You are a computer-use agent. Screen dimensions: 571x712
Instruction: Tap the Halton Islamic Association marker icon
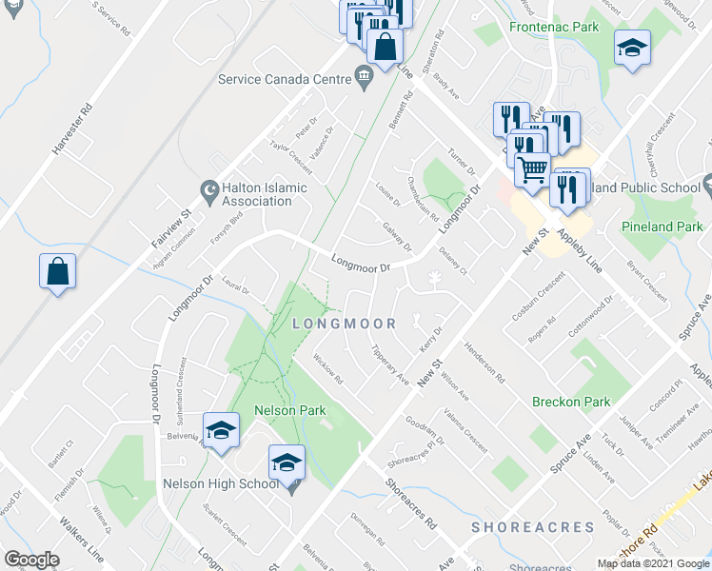point(208,188)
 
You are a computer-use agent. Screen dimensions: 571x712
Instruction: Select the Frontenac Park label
point(554,28)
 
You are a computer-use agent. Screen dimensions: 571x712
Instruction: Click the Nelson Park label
point(290,411)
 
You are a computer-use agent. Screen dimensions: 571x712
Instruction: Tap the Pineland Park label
point(662,227)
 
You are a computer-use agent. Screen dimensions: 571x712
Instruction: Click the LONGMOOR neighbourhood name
point(345,325)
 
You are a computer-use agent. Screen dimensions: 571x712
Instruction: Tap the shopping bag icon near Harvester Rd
point(57,271)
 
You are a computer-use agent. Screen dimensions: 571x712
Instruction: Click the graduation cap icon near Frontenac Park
point(631,48)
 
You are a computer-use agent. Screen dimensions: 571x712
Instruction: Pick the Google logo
point(31,560)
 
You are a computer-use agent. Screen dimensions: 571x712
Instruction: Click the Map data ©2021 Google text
point(654,563)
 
